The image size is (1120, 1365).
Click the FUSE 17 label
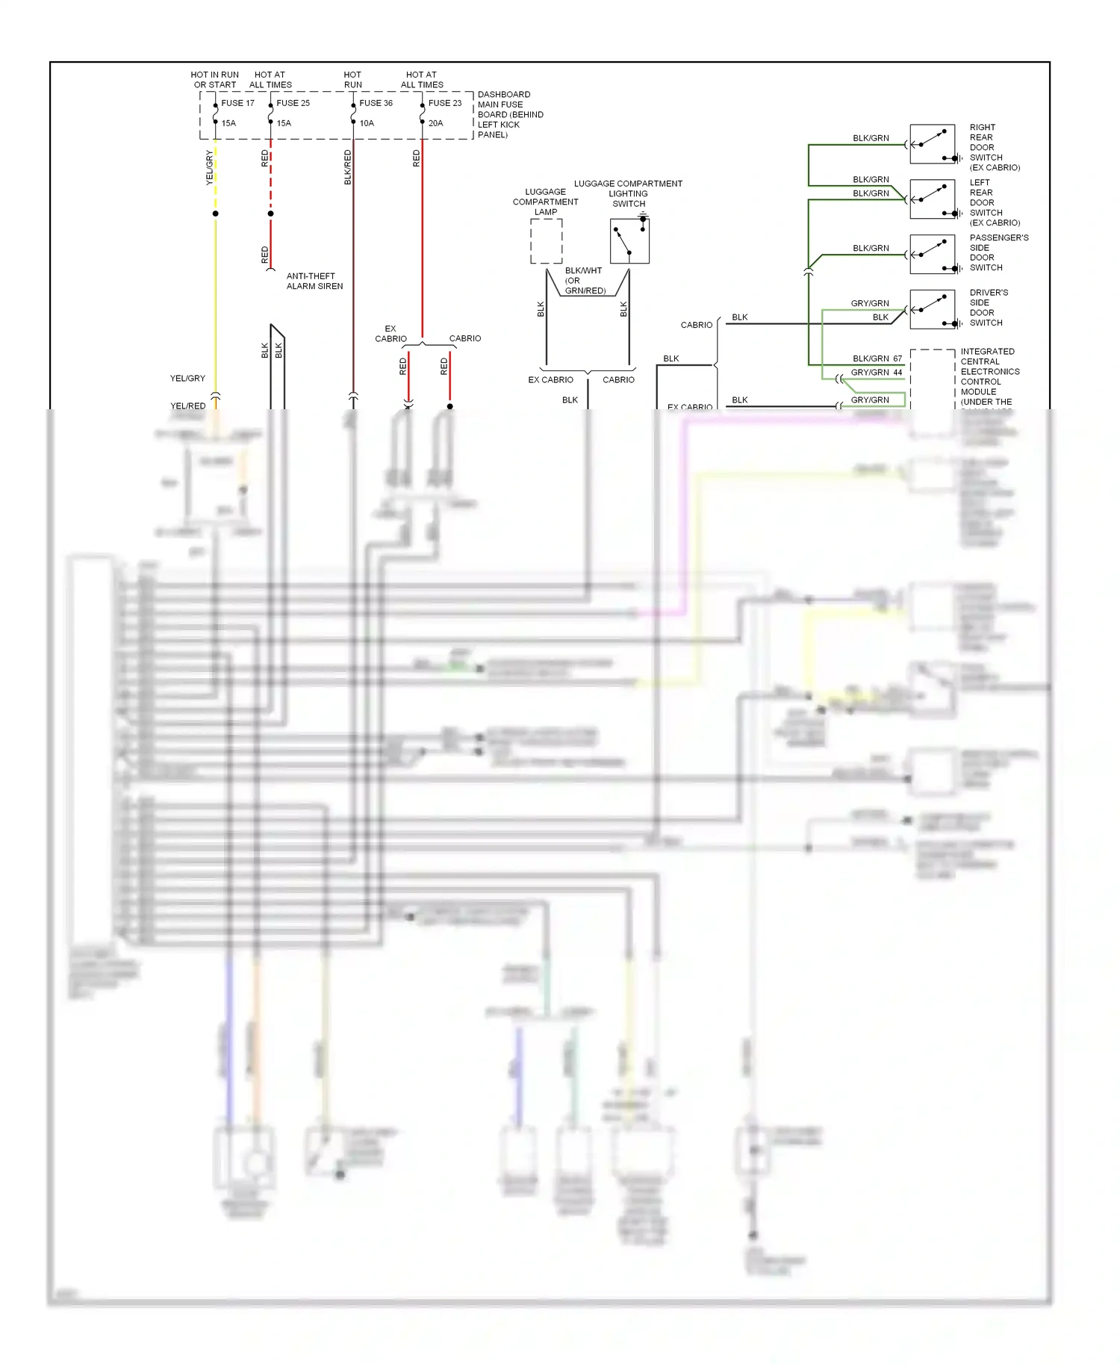click(237, 103)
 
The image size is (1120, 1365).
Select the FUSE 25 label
click(293, 103)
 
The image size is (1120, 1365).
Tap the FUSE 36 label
click(376, 103)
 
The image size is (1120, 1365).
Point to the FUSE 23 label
click(445, 103)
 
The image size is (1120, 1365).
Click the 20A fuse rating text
click(435, 123)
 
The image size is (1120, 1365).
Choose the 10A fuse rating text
click(367, 123)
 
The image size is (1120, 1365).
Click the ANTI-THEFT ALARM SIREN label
click(314, 282)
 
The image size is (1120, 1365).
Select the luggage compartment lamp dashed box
click(547, 241)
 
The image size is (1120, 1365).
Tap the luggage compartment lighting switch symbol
click(629, 240)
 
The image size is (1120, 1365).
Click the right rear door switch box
click(932, 144)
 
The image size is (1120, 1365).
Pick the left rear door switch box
click(932, 199)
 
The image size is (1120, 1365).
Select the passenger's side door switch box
click(932, 255)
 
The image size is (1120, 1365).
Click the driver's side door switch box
click(932, 309)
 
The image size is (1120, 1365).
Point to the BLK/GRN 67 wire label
click(877, 358)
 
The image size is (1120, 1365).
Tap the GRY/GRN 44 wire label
click(877, 372)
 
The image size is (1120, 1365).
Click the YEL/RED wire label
click(187, 406)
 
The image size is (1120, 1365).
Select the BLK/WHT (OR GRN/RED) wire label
click(585, 281)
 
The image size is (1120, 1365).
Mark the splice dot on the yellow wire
click(216, 214)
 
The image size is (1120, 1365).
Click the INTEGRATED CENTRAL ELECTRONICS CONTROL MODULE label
click(989, 376)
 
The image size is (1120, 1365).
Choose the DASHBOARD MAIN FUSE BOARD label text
click(510, 114)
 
